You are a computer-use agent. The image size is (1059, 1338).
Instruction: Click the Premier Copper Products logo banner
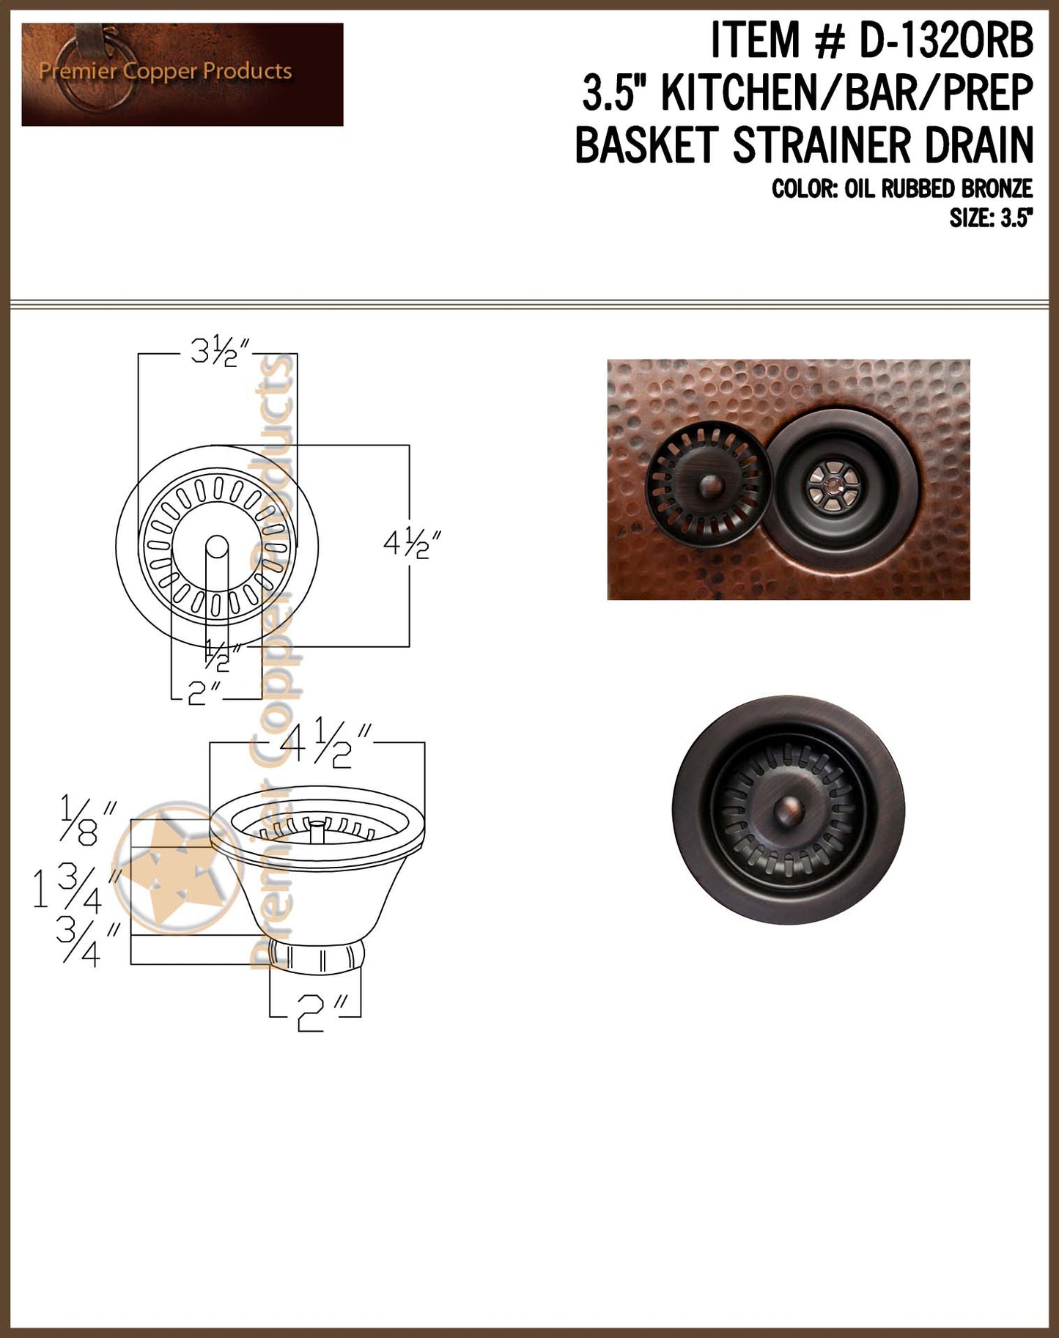[x=182, y=74]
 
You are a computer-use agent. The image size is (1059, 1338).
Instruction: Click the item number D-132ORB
[x=945, y=40]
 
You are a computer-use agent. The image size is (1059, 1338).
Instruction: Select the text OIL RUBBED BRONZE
[x=938, y=189]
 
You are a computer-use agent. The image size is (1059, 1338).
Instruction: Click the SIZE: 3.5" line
[x=991, y=218]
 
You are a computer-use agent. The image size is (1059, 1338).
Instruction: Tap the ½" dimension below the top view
[x=218, y=654]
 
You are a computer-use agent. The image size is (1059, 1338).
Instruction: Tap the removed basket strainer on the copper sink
[x=708, y=484]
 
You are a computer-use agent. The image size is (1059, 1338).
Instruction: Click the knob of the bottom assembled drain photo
[x=789, y=810]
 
